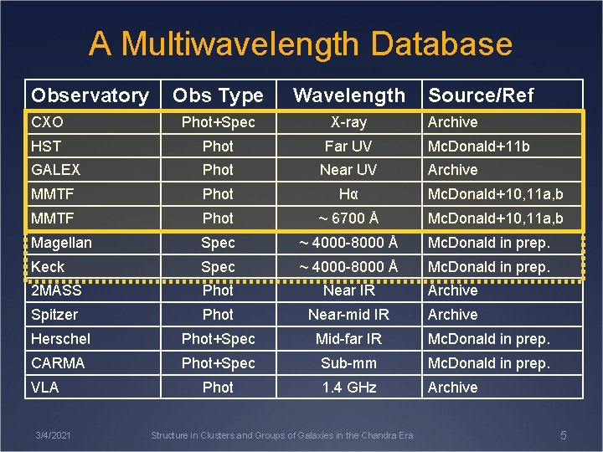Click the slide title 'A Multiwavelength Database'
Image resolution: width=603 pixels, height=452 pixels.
(x=301, y=44)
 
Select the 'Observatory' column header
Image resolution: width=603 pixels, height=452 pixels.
(x=90, y=95)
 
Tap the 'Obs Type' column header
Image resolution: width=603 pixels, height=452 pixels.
(x=218, y=95)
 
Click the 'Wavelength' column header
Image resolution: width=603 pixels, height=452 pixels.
(x=348, y=95)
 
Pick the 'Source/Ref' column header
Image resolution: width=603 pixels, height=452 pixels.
(x=481, y=95)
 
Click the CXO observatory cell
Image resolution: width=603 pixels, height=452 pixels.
(x=48, y=122)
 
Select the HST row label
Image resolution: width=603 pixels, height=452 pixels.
(x=46, y=146)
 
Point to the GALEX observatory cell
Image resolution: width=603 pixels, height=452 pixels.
(x=55, y=170)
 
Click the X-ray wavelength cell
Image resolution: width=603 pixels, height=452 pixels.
(x=348, y=122)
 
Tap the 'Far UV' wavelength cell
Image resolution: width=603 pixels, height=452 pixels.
(x=348, y=146)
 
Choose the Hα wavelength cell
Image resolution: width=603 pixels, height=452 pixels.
(x=348, y=194)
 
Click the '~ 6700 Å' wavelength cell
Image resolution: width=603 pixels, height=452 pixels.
(x=348, y=218)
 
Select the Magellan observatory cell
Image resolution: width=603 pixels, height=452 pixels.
(x=61, y=243)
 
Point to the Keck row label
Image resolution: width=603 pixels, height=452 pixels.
(x=48, y=266)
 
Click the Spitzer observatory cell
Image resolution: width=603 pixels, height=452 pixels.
(x=54, y=315)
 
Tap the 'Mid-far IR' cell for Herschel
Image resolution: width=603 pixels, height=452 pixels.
(x=348, y=339)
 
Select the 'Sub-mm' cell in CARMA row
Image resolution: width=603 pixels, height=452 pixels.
(x=348, y=363)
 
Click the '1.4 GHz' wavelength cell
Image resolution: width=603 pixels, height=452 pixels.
(x=348, y=388)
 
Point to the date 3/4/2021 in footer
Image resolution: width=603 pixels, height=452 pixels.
(x=53, y=435)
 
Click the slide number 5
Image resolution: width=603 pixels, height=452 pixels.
(x=563, y=435)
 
